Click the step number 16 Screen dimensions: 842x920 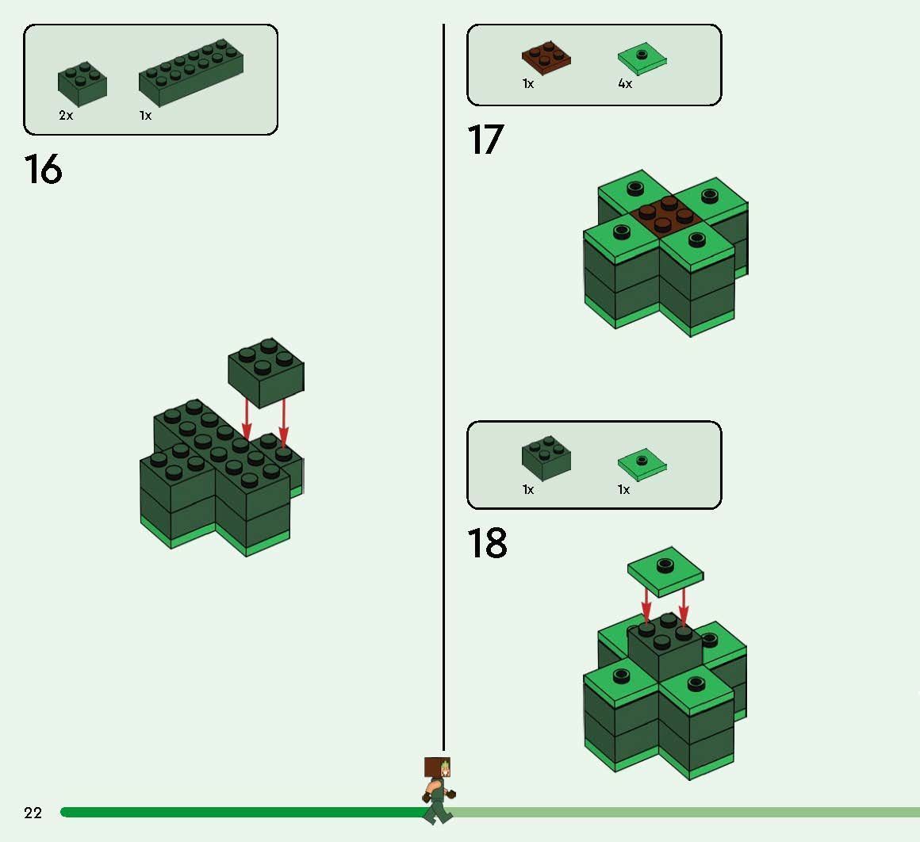click(x=43, y=169)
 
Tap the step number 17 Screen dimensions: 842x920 click(x=485, y=140)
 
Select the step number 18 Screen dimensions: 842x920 click(x=486, y=544)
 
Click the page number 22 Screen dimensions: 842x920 click(x=33, y=813)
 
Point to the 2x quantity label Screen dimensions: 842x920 click(x=66, y=116)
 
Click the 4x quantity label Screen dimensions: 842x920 click(x=625, y=84)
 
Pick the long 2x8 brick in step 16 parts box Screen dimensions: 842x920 click(x=191, y=73)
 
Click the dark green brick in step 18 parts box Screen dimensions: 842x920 click(x=546, y=457)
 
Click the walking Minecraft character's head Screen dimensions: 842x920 click(x=438, y=769)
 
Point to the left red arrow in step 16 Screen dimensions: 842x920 click(x=247, y=419)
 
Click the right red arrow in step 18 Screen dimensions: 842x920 click(x=684, y=607)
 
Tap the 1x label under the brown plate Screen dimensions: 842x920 click(x=528, y=84)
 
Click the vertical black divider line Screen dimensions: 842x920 click(x=443, y=396)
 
